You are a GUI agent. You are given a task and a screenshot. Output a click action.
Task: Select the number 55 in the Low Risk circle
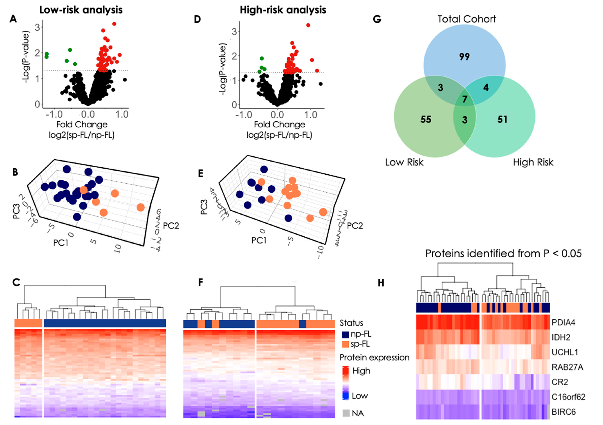pos(426,120)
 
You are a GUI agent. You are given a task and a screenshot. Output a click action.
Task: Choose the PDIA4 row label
pos(563,322)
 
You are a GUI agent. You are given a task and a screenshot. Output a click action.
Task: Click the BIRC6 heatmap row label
pos(563,412)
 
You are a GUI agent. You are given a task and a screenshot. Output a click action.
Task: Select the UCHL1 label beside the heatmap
pos(565,352)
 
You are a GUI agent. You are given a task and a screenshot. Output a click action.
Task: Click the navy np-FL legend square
pos(345,334)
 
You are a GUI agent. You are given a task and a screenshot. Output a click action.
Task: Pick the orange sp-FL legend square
pos(345,344)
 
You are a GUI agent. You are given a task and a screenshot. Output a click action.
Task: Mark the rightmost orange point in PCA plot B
pos(141,207)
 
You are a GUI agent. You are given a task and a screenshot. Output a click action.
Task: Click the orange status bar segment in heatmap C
pos(28,323)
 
